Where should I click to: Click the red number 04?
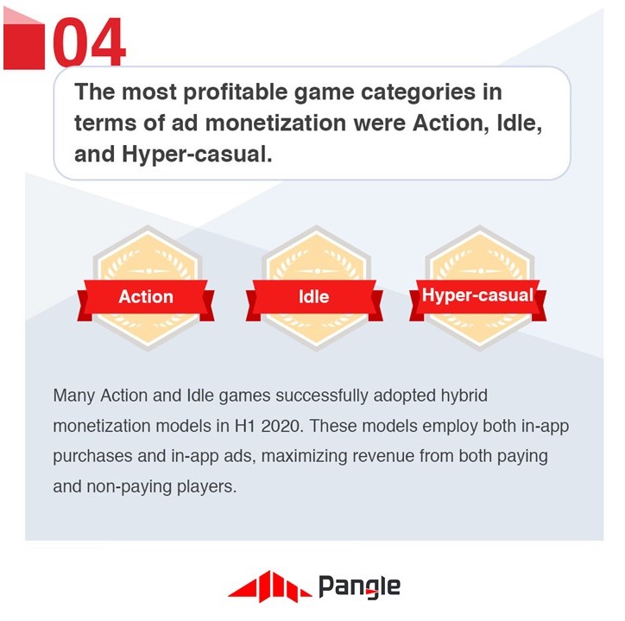pyautogui.click(x=89, y=41)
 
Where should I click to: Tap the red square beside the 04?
pyautogui.click(x=24, y=47)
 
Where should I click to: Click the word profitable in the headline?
pyautogui.click(x=235, y=92)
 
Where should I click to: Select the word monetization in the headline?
pyautogui.click(x=275, y=123)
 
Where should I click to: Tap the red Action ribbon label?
pyautogui.click(x=146, y=297)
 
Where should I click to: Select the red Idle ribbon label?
pyautogui.click(x=314, y=297)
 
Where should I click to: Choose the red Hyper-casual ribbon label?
pyautogui.click(x=477, y=296)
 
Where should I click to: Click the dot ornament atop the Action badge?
pyautogui.click(x=148, y=271)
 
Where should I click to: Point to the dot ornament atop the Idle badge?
pyautogui.click(x=317, y=271)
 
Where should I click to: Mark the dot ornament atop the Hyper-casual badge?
pyautogui.click(x=481, y=271)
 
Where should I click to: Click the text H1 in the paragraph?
pyautogui.click(x=244, y=427)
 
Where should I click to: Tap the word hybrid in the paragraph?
pyautogui.click(x=464, y=396)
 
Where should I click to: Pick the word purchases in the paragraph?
pyautogui.click(x=92, y=457)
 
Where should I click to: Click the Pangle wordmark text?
pyautogui.click(x=359, y=587)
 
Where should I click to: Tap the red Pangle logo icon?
pyautogui.click(x=270, y=586)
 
